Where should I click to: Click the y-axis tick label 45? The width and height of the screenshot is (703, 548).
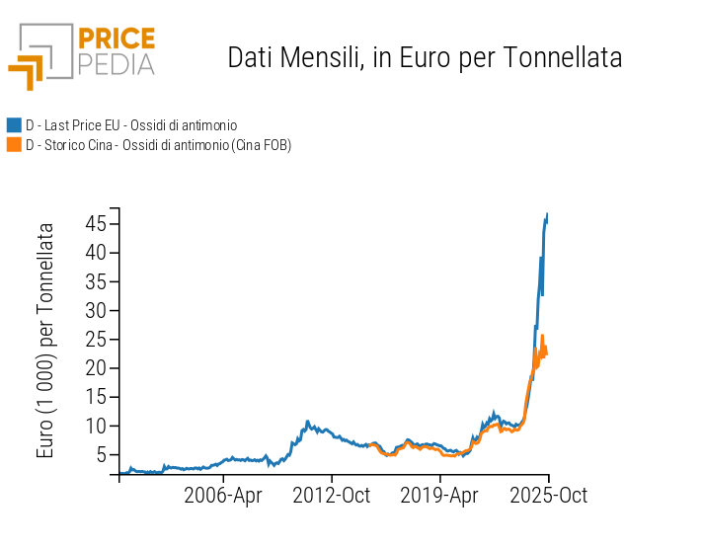[x=95, y=223]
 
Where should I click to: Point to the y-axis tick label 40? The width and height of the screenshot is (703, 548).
[x=95, y=253]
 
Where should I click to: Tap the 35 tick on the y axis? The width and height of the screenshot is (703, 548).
[x=95, y=281]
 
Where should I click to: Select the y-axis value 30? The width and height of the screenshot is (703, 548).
[x=95, y=310]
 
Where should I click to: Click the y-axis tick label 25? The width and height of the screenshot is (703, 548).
[x=95, y=340]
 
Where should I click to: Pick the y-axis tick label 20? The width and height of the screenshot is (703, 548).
[x=95, y=368]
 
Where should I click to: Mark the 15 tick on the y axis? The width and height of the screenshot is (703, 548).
[x=95, y=397]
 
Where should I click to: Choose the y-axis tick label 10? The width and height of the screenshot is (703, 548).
[x=95, y=427]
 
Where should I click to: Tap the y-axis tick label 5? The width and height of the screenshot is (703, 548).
[x=101, y=455]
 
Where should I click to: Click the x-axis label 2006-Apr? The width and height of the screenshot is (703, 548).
[x=223, y=496]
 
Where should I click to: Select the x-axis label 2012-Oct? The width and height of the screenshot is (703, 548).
[x=332, y=496]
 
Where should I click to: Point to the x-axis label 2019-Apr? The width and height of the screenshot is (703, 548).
[x=440, y=496]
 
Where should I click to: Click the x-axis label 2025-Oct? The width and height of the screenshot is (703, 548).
[x=548, y=496]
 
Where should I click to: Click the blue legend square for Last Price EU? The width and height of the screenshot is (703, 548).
[x=14, y=125]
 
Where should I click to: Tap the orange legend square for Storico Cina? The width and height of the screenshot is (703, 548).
[x=14, y=145]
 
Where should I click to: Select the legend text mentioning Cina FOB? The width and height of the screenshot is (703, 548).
[x=158, y=145]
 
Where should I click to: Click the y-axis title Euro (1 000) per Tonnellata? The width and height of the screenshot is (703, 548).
[x=45, y=341]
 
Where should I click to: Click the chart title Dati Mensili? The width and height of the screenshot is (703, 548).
[x=425, y=57]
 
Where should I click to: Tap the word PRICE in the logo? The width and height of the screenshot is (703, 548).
[x=116, y=39]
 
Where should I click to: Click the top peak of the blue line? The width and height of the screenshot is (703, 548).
[x=547, y=214]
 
